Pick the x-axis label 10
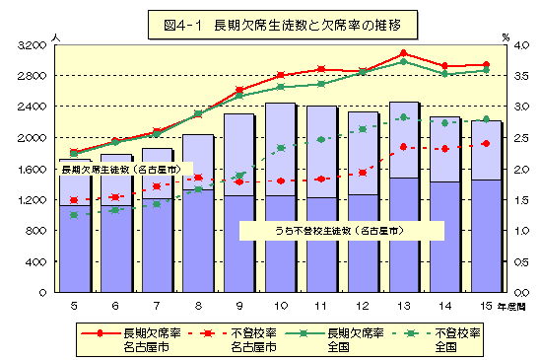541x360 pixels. [x=280, y=306]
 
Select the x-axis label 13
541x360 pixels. [x=403, y=306]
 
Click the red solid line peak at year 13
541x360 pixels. [x=403, y=53]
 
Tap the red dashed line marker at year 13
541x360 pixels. [x=403, y=147]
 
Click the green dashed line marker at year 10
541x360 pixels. [x=280, y=148]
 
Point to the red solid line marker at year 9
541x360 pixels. [x=238, y=91]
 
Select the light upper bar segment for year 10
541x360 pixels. [x=280, y=148]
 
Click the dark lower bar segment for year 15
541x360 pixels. [x=486, y=237]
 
